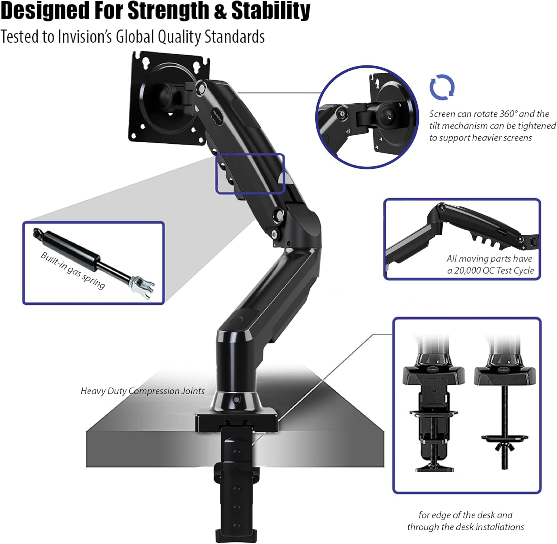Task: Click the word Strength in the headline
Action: pyautogui.click(x=170, y=11)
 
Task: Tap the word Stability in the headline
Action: pyautogui.click(x=271, y=11)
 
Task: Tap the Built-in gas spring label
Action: pyautogui.click(x=73, y=270)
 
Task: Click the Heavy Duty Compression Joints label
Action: pyautogui.click(x=143, y=391)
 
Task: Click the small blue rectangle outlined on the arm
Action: pyautogui.click(x=250, y=174)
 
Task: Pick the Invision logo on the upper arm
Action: pyautogui.click(x=218, y=117)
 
